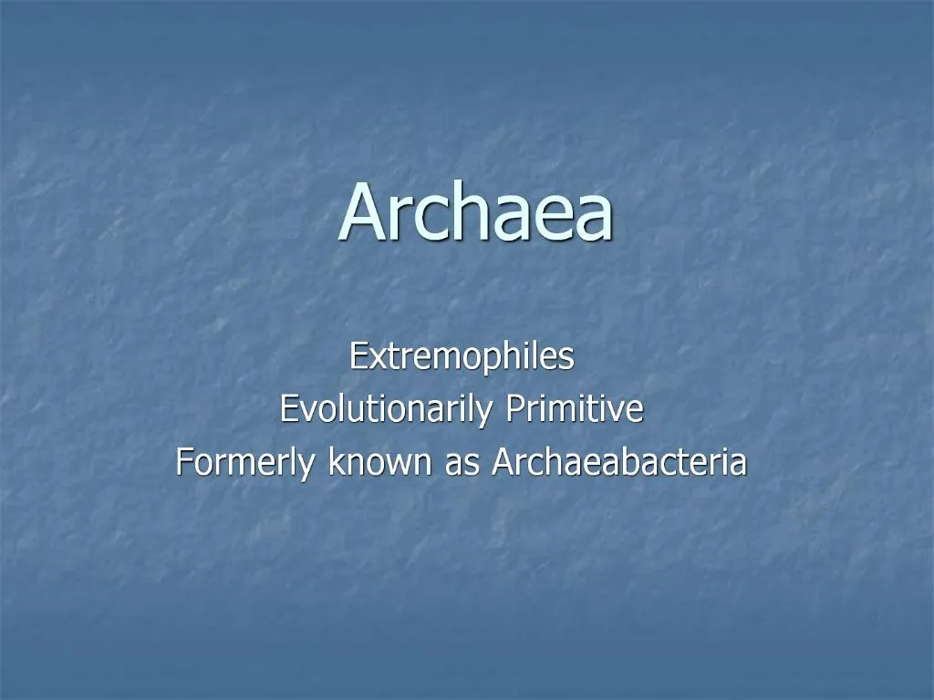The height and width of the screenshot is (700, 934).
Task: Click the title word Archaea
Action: pyautogui.click(x=475, y=214)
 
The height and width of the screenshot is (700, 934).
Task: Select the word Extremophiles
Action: pyautogui.click(x=462, y=356)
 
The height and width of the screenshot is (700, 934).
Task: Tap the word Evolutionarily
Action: pyautogui.click(x=386, y=409)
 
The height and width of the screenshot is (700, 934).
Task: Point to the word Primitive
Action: pyautogui.click(x=575, y=409)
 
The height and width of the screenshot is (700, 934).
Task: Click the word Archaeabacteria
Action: pyautogui.click(x=619, y=462)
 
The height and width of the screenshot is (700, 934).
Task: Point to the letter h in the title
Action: pyautogui.click(x=458, y=212)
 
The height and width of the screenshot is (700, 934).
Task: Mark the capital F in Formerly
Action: pyautogui.click(x=183, y=462)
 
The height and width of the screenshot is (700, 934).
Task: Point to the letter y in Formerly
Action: pyautogui.click(x=310, y=467)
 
